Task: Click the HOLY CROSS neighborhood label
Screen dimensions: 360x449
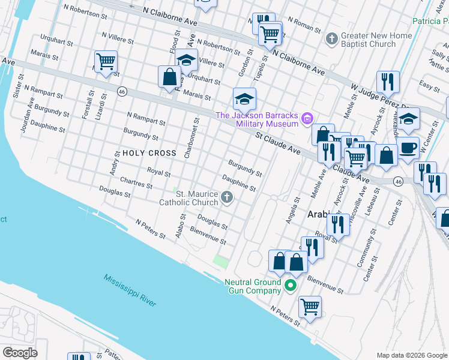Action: point(149,153)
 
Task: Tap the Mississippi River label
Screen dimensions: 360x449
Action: point(129,291)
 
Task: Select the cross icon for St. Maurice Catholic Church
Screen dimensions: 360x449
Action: point(227,197)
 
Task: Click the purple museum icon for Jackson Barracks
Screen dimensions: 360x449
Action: point(308,119)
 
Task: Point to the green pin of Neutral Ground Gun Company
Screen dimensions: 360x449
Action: point(291,286)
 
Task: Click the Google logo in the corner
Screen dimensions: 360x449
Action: point(20,352)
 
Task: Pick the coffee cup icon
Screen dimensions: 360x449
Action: point(408,148)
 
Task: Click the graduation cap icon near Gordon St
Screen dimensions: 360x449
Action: point(244,98)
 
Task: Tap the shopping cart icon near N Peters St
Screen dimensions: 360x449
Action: point(310,307)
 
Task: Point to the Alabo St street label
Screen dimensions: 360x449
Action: point(179,227)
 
